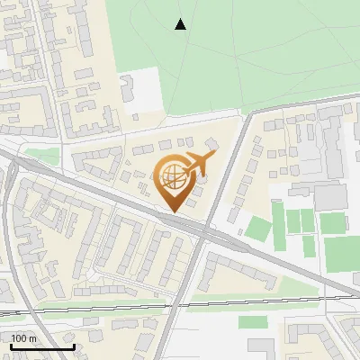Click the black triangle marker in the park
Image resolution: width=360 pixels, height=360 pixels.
(181, 24)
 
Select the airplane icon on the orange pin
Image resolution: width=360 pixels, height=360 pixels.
(198, 164)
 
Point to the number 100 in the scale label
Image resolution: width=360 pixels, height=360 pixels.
(19, 338)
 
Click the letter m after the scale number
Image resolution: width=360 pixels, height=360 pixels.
(32, 338)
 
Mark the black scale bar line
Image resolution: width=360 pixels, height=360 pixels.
(41, 346)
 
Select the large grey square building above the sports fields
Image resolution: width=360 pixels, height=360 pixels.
(330, 196)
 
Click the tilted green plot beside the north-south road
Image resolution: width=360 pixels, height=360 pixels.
(258, 229)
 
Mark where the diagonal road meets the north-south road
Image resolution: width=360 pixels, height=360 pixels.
(206, 233)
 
